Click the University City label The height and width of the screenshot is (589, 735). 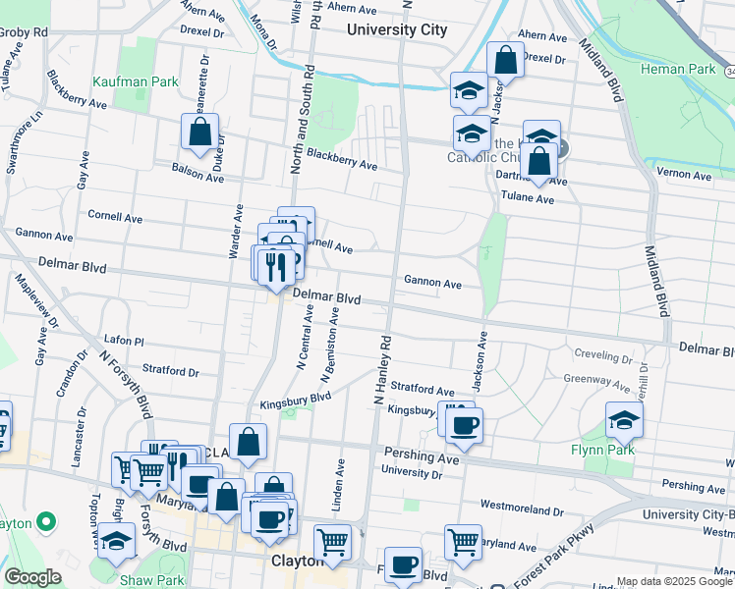[x=397, y=29]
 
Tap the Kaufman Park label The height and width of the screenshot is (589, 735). [x=136, y=81]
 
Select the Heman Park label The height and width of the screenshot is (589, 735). [x=677, y=69]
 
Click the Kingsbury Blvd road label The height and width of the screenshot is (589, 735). [x=295, y=402]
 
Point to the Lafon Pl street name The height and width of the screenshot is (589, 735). [x=124, y=341]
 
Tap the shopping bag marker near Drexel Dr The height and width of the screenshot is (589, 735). [x=504, y=60]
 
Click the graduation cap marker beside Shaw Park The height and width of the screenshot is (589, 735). [x=116, y=540]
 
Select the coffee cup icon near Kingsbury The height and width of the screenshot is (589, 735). [x=463, y=425]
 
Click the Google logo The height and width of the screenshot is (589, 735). [x=32, y=577]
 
